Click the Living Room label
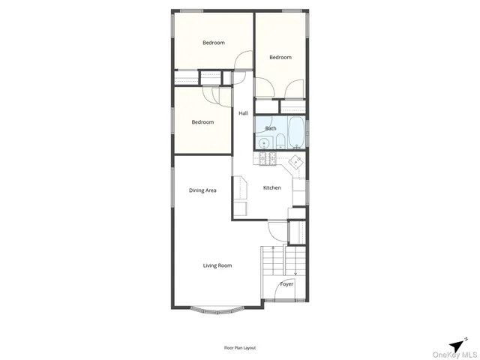[x=217, y=265]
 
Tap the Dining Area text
[x=202, y=190]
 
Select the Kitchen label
[x=271, y=187]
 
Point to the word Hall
[x=243, y=113]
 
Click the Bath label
[x=271, y=128]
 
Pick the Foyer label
[x=286, y=284]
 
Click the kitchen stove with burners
[x=266, y=158]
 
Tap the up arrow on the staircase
[x=272, y=248]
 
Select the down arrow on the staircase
[x=296, y=273]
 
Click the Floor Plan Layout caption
[x=240, y=347]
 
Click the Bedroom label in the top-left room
[x=214, y=43]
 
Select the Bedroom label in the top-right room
[x=280, y=57]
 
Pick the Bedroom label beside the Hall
[x=202, y=122]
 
